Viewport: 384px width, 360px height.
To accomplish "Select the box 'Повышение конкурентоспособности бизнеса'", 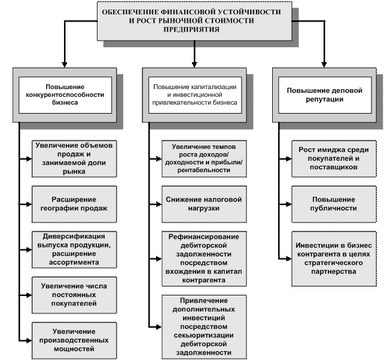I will click(65, 94).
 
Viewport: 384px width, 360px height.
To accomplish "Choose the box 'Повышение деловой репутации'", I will click(324, 94).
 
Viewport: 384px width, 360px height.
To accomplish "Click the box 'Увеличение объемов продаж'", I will click(74, 158).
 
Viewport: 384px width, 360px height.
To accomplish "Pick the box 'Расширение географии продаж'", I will click(74, 203).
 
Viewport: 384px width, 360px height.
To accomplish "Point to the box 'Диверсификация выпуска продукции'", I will click(74, 249).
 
